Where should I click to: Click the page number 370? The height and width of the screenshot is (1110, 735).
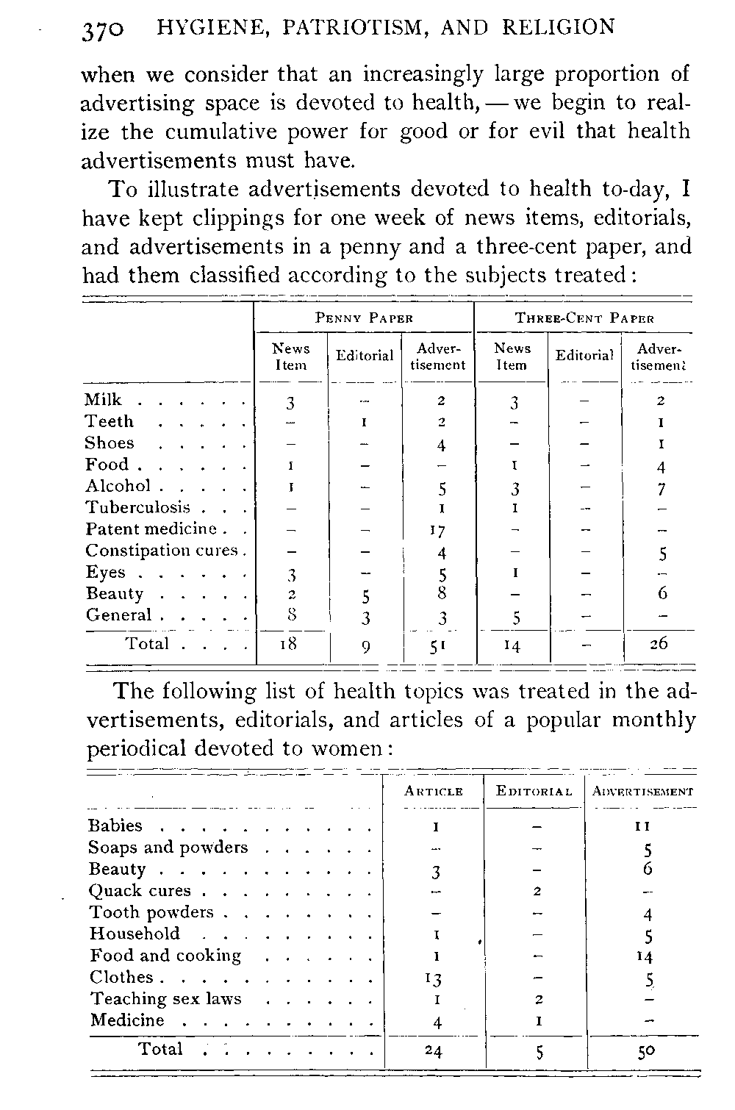pyautogui.click(x=104, y=29)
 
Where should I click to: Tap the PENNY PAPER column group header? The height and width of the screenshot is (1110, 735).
pyautogui.click(x=364, y=318)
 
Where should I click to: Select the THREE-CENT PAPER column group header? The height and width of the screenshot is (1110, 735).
pyautogui.click(x=584, y=318)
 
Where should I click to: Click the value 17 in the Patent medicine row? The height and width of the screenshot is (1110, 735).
pyautogui.click(x=438, y=530)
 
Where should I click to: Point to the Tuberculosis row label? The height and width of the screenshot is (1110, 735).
pyautogui.click(x=138, y=508)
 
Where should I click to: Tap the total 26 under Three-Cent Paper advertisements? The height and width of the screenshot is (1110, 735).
pyautogui.click(x=658, y=644)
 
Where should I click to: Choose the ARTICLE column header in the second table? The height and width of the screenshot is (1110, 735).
pyautogui.click(x=434, y=792)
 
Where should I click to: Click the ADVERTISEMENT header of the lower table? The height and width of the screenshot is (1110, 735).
pyautogui.click(x=642, y=792)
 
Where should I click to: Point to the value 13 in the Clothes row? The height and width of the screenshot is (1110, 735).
pyautogui.click(x=433, y=978)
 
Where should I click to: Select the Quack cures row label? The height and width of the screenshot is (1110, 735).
pyautogui.click(x=140, y=891)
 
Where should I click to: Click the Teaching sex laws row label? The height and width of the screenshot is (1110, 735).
pyautogui.click(x=165, y=999)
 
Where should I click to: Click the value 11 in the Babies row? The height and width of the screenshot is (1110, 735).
pyautogui.click(x=643, y=826)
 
